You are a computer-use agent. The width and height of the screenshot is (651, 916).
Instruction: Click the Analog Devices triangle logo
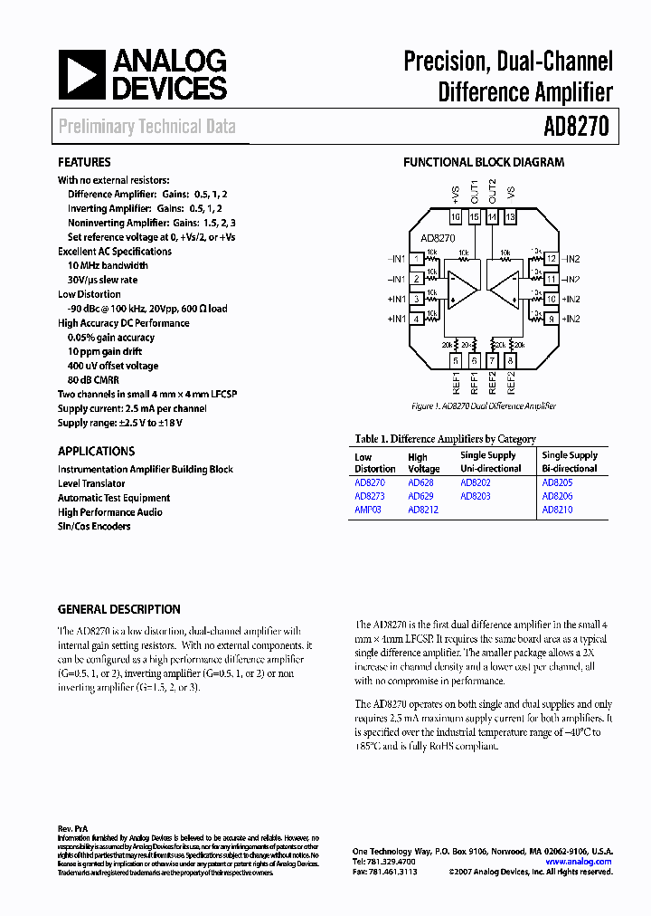point(82,74)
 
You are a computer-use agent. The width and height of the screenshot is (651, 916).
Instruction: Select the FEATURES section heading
point(84,162)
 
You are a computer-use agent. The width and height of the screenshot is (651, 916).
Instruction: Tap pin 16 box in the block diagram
point(456,217)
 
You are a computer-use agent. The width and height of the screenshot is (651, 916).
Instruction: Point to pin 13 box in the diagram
point(510,217)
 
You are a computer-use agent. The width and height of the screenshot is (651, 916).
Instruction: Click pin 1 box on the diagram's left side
point(416,259)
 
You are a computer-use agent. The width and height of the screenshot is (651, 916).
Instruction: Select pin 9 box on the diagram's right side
point(550,319)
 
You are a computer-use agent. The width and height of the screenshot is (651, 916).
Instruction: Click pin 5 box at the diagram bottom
point(456,360)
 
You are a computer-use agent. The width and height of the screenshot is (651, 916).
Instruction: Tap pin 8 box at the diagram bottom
point(510,360)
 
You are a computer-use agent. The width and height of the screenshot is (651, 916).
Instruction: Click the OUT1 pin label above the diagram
point(474,193)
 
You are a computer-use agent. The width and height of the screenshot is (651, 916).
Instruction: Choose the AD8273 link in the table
point(369,497)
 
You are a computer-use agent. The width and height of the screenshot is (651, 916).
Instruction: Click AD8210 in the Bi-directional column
point(557,510)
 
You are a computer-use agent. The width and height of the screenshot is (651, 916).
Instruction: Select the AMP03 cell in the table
point(368,510)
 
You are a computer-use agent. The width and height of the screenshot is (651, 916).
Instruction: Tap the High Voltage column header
point(423,463)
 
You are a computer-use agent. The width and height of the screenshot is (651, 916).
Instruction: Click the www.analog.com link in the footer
point(579,862)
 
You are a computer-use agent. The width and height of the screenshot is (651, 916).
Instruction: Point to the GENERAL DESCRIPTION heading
point(119,609)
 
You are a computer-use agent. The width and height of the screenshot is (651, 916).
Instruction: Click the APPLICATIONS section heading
point(97,451)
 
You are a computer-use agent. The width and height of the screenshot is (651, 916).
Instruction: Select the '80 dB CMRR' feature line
point(93,380)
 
